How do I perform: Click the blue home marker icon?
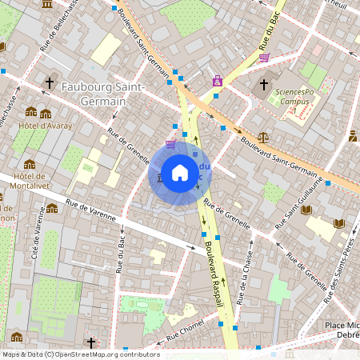tap(180, 173)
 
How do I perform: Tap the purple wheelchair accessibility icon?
tap(218, 81)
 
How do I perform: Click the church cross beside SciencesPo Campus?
tap(264, 84)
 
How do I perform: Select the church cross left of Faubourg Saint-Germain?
tap(50, 82)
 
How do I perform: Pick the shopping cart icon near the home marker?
tap(170, 143)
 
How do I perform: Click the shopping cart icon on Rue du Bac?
tap(263, 58)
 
